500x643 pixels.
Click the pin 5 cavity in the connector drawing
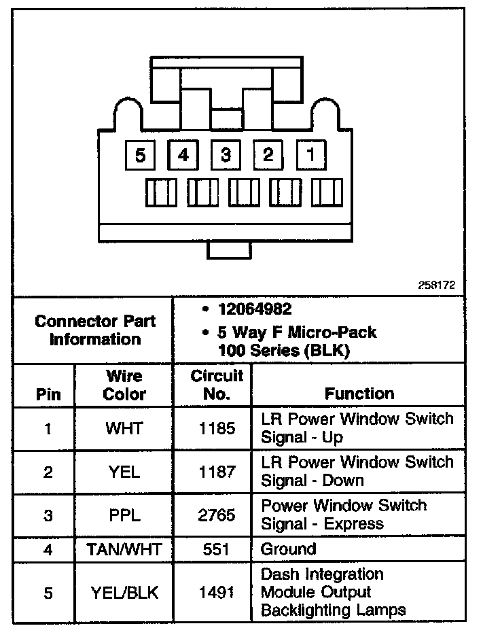point(140,155)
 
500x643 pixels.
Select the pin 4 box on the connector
point(183,155)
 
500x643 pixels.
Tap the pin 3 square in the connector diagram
point(226,155)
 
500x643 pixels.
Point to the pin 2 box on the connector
point(268,155)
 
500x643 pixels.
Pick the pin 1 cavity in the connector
point(311,155)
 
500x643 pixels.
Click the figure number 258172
point(437,286)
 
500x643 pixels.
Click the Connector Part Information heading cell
point(95,330)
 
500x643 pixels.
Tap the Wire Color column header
point(124,385)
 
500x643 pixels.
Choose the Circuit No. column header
point(217,385)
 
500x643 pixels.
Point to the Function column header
point(359,394)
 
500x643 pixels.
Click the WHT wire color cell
point(124,429)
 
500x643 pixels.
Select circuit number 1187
point(217,472)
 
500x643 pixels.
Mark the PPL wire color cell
point(124,515)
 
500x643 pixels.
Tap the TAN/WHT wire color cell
point(124,549)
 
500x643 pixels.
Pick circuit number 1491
point(217,593)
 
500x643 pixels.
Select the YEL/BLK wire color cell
point(124,593)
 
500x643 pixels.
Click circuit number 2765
point(217,515)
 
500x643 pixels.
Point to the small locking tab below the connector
point(228,249)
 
